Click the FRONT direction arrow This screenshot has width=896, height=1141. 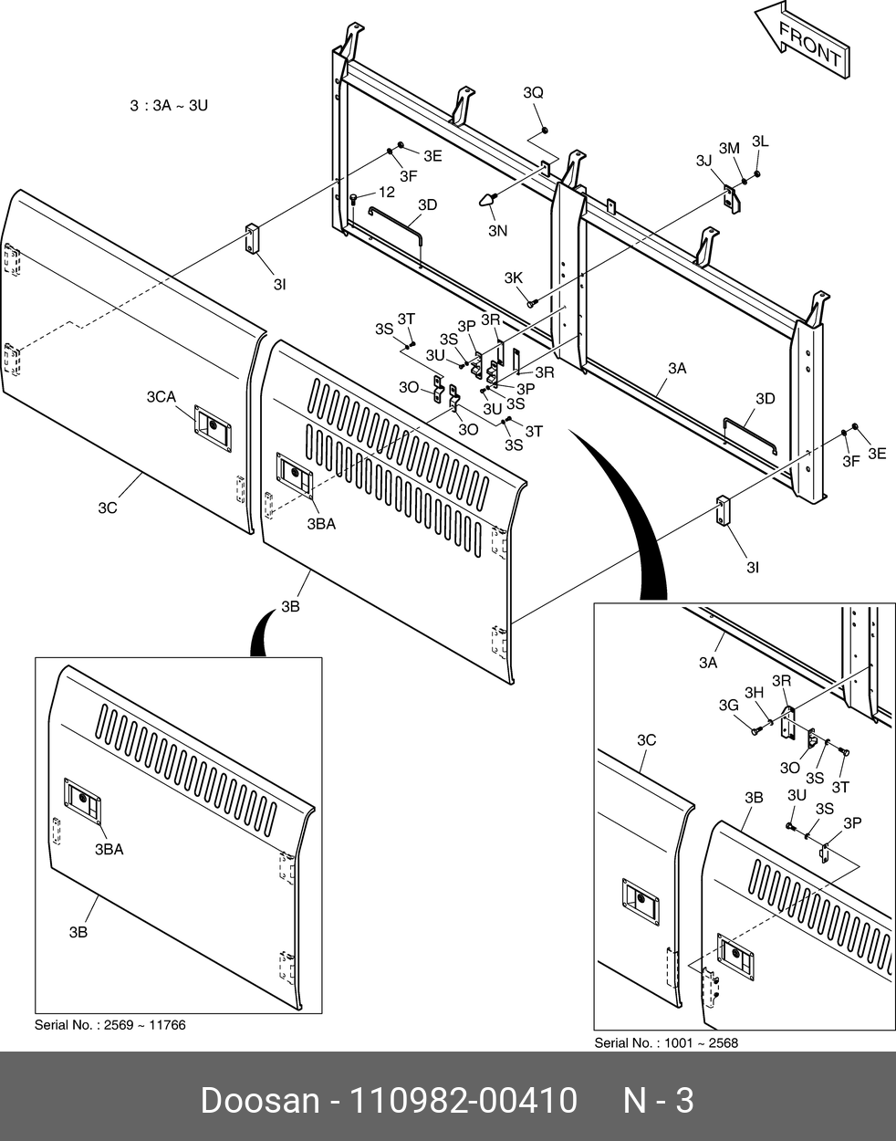[x=801, y=42]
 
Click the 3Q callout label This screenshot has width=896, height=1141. [x=533, y=93]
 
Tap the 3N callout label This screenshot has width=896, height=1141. [x=497, y=231]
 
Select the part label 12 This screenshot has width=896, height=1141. [x=387, y=192]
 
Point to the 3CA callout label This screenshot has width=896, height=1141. [x=161, y=396]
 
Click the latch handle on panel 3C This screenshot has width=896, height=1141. [x=212, y=424]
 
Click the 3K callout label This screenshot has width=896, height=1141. [x=514, y=277]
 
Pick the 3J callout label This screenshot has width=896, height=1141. [x=703, y=161]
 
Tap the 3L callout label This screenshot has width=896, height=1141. [x=760, y=141]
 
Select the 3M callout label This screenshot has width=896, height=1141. [x=729, y=148]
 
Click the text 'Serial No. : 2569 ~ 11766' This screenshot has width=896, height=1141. [x=109, y=1025]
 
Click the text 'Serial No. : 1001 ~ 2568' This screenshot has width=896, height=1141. [x=666, y=1042]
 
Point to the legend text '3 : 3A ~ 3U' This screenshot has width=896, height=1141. [x=169, y=106]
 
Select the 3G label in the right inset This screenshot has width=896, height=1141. [x=728, y=705]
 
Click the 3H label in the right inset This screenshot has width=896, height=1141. [x=754, y=693]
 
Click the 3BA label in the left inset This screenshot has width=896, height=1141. [x=109, y=849]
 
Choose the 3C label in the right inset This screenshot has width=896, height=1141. [x=646, y=740]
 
